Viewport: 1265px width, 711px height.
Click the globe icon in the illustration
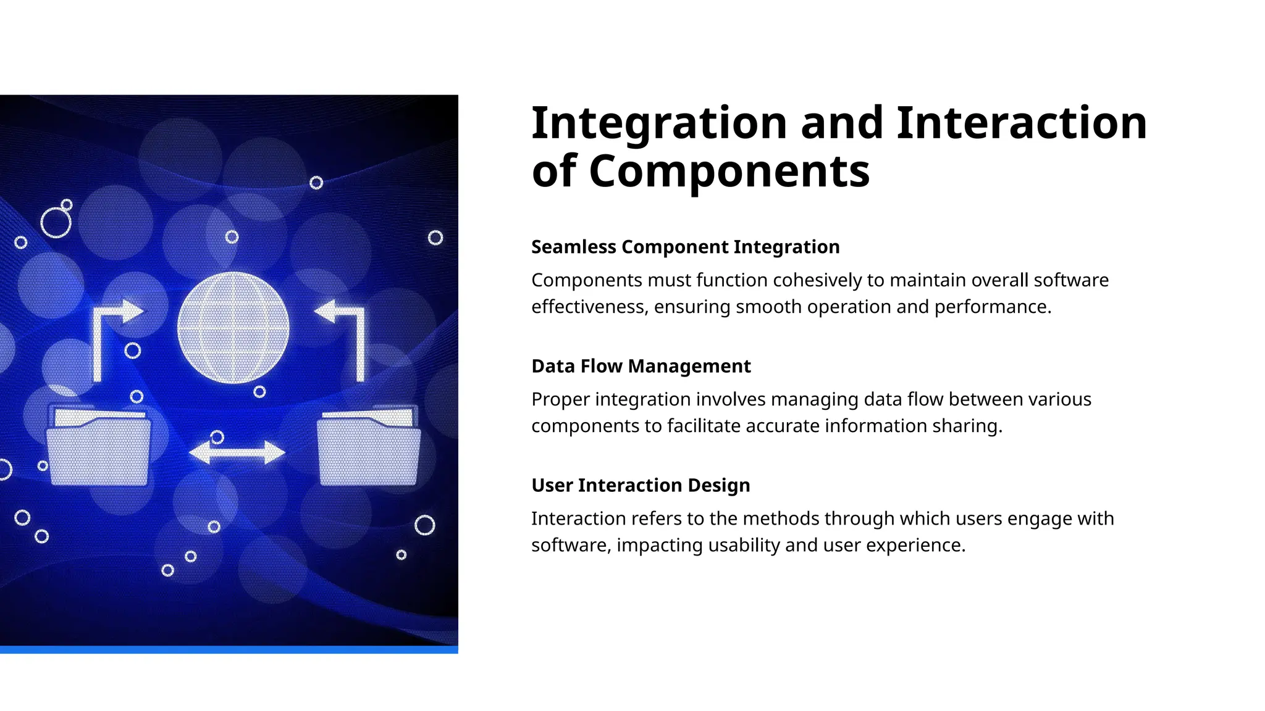click(x=233, y=328)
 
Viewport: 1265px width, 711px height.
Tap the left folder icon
click(x=99, y=447)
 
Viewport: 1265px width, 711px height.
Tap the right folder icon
click(x=369, y=447)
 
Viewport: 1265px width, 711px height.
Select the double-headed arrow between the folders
click(x=237, y=452)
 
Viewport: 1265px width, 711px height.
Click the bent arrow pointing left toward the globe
click(x=346, y=333)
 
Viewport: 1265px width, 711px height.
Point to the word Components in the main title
click(x=729, y=172)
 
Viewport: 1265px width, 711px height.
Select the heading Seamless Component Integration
click(x=685, y=247)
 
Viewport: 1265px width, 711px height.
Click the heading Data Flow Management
click(x=641, y=366)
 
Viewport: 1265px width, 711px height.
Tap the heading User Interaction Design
click(x=641, y=485)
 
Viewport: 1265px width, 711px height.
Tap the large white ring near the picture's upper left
click(x=56, y=223)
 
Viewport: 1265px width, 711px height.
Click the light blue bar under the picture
click(x=229, y=649)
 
